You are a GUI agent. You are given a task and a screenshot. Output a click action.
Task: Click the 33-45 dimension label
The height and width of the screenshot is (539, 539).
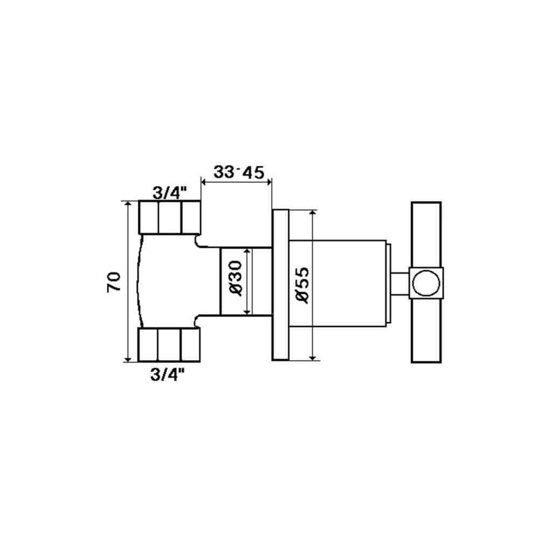(239, 172)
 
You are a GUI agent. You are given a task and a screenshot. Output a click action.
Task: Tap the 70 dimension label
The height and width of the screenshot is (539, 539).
(114, 281)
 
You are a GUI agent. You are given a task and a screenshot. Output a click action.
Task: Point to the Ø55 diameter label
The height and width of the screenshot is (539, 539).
(302, 285)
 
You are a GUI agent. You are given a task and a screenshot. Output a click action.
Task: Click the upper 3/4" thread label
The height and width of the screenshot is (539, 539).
(170, 194)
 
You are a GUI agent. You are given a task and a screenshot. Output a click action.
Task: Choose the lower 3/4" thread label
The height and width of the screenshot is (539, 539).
(168, 375)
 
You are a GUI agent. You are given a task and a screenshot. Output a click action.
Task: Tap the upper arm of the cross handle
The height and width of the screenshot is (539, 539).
(426, 234)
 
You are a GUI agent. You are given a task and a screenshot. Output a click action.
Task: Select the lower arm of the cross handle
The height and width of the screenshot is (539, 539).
(426, 330)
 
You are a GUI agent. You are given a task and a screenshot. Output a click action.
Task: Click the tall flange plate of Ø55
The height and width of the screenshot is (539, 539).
(280, 285)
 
